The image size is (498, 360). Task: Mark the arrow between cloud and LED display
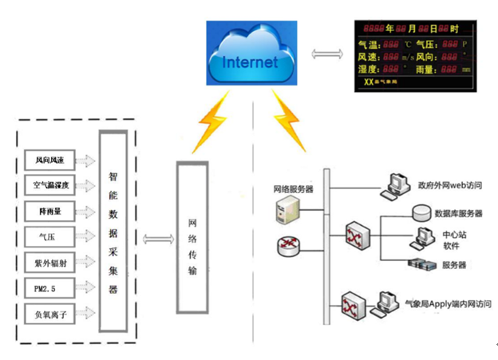point(325,53)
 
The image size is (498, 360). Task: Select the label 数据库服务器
point(457,214)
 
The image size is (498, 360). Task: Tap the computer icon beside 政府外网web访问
point(393,185)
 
